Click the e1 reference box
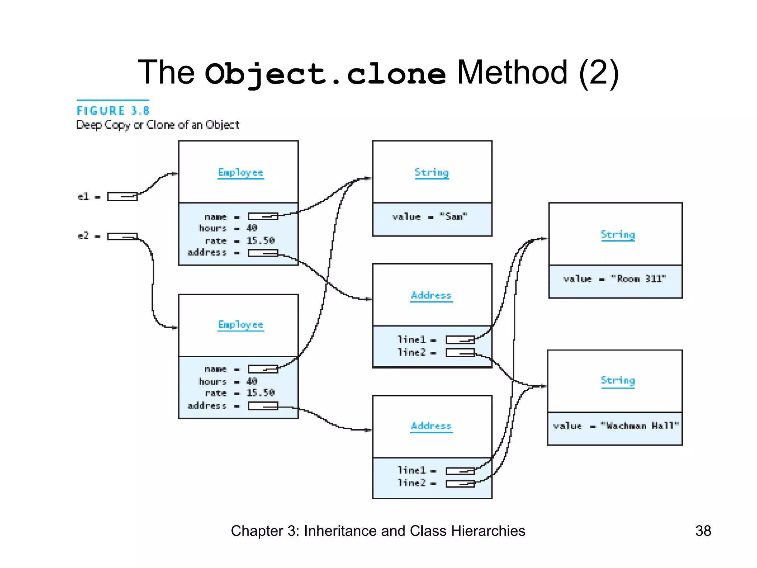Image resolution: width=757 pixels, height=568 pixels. [122, 196]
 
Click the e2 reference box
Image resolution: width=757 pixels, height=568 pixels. [122, 236]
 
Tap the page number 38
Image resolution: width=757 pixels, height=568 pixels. [703, 531]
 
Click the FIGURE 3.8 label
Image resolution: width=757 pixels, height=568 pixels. [113, 111]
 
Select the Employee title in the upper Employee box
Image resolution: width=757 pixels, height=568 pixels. [241, 173]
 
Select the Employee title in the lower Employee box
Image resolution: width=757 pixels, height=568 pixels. [241, 325]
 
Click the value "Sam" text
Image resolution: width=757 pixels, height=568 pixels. [430, 217]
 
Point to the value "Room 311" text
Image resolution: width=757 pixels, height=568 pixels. [615, 279]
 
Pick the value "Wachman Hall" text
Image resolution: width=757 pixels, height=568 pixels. [616, 426]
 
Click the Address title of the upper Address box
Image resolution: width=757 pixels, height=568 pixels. [431, 295]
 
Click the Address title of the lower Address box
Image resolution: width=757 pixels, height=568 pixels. [431, 426]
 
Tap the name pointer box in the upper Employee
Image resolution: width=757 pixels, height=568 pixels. [263, 216]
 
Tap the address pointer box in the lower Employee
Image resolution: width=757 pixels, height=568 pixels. [263, 406]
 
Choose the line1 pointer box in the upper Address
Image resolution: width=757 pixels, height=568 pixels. [460, 340]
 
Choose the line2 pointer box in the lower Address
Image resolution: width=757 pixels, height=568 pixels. [460, 484]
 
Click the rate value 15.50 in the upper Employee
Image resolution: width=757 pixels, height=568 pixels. [261, 241]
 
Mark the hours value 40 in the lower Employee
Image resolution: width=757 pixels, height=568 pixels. [252, 381]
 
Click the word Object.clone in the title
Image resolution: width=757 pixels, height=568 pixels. [325, 74]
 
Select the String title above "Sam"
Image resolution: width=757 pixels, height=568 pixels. [432, 173]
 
